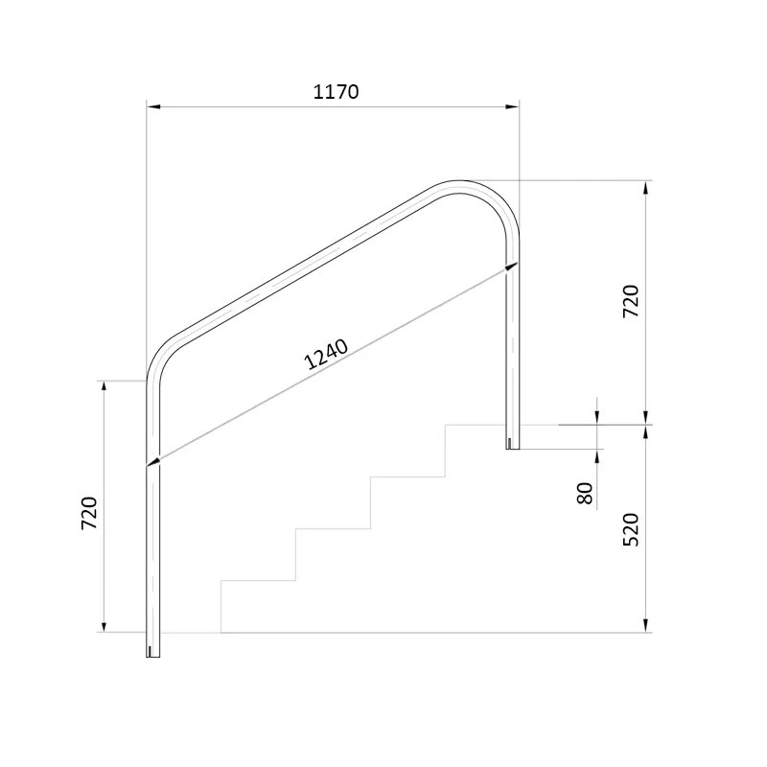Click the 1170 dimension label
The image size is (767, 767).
click(x=336, y=92)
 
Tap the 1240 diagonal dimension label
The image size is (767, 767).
click(x=326, y=354)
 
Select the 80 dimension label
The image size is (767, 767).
click(x=585, y=493)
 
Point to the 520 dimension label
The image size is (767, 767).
click(x=631, y=529)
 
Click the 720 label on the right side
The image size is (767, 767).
click(x=631, y=301)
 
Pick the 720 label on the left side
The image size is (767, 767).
click(x=89, y=513)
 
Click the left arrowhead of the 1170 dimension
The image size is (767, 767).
click(x=153, y=106)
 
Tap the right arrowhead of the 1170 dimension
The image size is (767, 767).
click(x=512, y=106)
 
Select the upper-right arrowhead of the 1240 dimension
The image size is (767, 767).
click(x=512, y=267)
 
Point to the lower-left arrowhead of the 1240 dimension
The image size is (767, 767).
click(x=153, y=462)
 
